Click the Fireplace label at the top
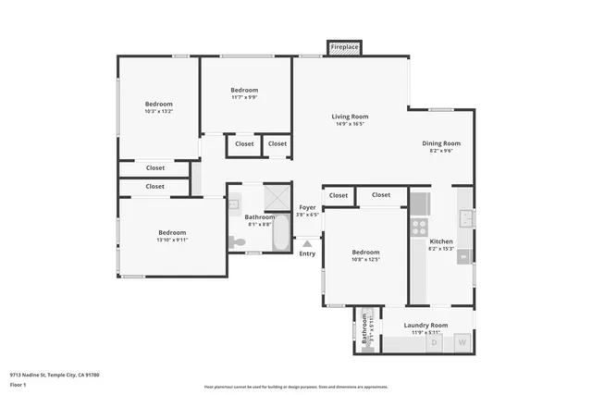[345, 46]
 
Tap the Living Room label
[351, 117]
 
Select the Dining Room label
[441, 143]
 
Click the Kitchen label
[441, 242]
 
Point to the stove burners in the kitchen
[419, 226]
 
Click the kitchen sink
[467, 218]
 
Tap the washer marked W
[462, 343]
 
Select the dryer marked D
[434, 343]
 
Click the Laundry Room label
[426, 326]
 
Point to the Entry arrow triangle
[307, 243]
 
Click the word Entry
[307, 253]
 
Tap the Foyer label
[307, 208]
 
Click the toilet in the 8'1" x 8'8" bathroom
[237, 242]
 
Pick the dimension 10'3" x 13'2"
[158, 112]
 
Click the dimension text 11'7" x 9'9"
[244, 97]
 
